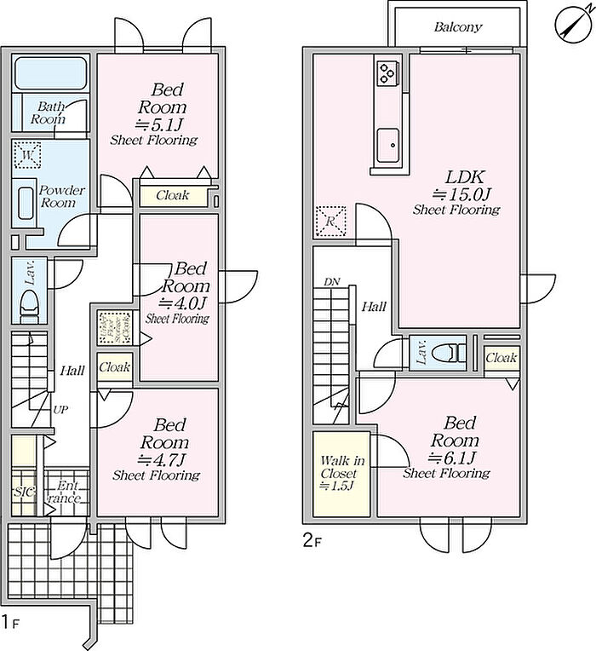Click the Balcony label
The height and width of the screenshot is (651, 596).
coord(457,27)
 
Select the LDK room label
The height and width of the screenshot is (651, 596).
coord(465,177)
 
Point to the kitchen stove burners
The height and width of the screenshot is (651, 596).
coord(386,73)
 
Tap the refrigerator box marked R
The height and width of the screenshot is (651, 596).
coord(330,220)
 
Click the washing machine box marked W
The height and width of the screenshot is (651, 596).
coord(28,157)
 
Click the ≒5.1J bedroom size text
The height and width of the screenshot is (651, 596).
coord(169,124)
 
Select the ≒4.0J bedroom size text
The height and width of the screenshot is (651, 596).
coord(183,302)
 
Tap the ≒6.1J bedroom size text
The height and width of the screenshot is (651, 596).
coord(461,458)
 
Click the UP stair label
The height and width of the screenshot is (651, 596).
coord(60,410)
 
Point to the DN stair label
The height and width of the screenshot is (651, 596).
coord(330,281)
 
